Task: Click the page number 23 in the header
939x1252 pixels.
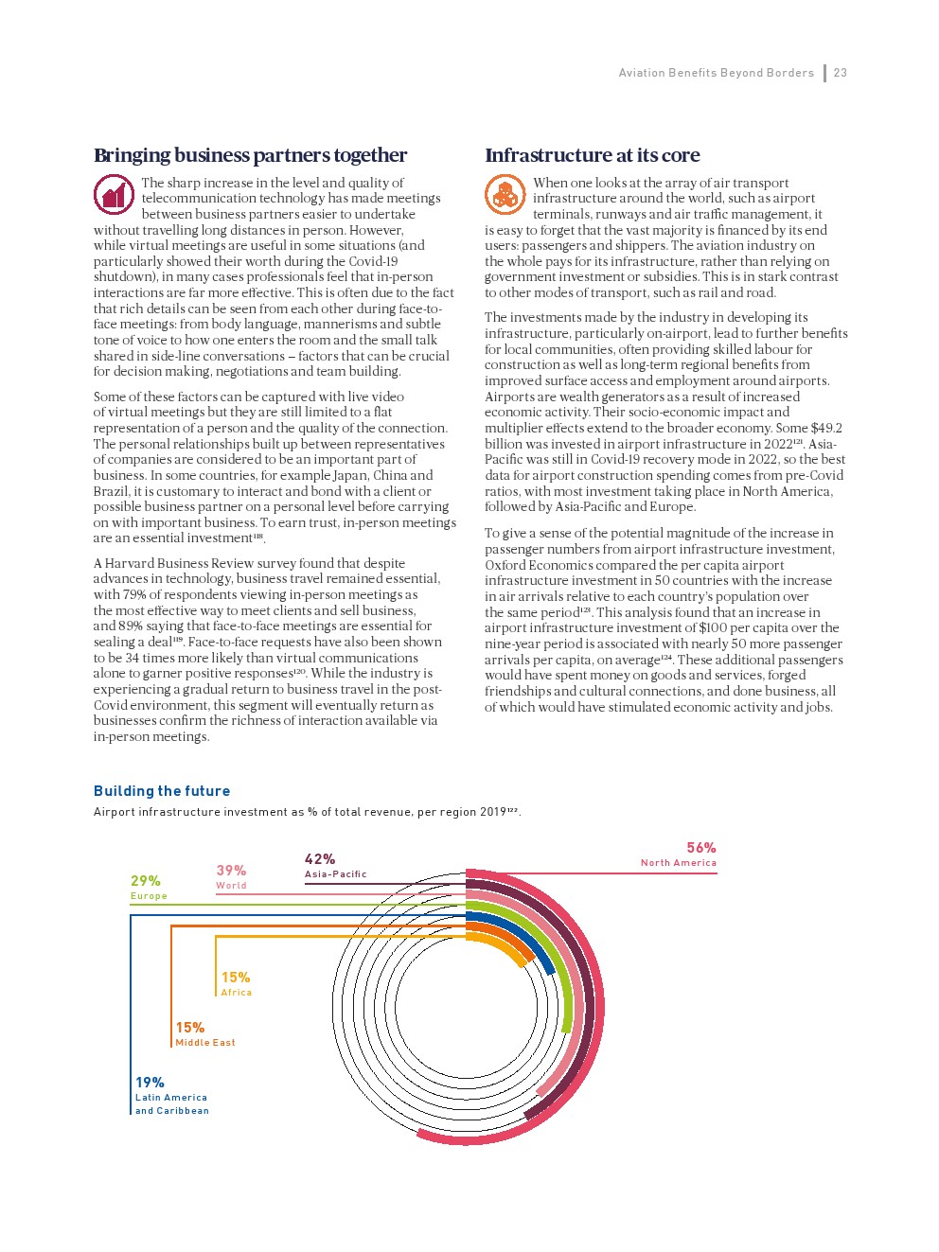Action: click(x=841, y=73)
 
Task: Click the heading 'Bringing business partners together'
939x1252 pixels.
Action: click(x=250, y=155)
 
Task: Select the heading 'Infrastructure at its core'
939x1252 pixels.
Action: click(x=593, y=155)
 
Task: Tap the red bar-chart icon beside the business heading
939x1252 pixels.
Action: click(x=114, y=195)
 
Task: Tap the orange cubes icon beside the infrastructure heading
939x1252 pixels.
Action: click(x=505, y=195)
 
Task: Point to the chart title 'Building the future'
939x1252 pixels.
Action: click(x=162, y=791)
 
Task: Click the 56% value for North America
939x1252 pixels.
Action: click(x=701, y=848)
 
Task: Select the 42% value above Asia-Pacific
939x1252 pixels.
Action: click(x=320, y=859)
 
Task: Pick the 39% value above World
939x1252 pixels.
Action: click(x=231, y=871)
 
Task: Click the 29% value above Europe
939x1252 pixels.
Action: click(x=146, y=881)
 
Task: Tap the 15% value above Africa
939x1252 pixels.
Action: click(x=236, y=978)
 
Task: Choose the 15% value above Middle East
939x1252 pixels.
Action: click(x=190, y=1028)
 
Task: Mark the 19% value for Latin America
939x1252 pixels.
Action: click(x=150, y=1083)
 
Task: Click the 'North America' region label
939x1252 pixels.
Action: click(x=679, y=863)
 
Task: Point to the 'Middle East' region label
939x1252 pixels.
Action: click(x=205, y=1043)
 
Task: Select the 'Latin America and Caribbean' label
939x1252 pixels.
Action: click(x=172, y=1104)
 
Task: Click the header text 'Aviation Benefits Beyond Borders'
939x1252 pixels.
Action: click(x=717, y=73)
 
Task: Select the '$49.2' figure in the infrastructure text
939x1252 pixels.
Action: click(x=826, y=429)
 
